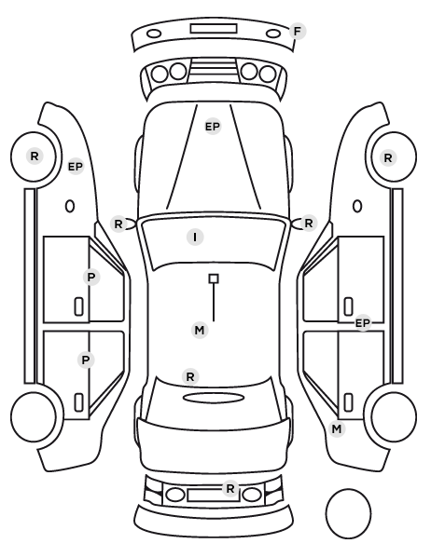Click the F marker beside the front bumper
click(298, 32)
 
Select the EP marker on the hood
click(213, 127)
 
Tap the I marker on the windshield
click(195, 237)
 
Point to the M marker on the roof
click(200, 331)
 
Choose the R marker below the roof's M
click(190, 376)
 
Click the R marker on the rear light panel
click(230, 488)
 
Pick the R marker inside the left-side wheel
click(35, 156)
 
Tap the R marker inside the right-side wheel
click(388, 157)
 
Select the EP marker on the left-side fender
click(76, 166)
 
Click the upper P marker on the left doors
click(91, 277)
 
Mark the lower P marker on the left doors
click(86, 360)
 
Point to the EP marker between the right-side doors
click(363, 323)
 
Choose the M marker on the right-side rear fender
click(337, 429)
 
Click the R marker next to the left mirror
click(118, 224)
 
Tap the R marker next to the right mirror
click(309, 224)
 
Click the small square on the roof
click(214, 278)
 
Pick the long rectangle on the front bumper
click(214, 29)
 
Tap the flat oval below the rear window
click(214, 398)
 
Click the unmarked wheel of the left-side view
click(34, 394)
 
